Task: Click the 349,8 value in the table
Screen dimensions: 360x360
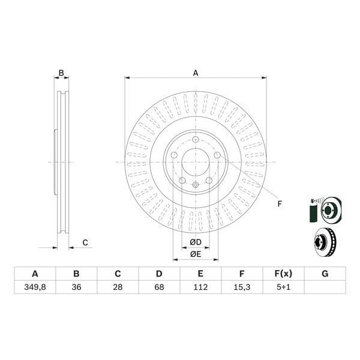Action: (35, 287)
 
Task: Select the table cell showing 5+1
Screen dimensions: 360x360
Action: (283, 287)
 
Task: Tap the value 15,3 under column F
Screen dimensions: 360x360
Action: (242, 287)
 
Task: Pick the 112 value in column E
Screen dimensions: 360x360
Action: (200, 287)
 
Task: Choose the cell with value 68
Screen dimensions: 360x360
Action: (159, 287)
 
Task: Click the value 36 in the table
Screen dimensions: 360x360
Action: (76, 287)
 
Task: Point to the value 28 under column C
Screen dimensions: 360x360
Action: (118, 287)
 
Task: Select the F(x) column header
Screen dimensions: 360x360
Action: (283, 274)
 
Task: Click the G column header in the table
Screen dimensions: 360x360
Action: (325, 274)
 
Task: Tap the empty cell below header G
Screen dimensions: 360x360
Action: (325, 287)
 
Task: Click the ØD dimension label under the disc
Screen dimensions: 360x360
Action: (196, 242)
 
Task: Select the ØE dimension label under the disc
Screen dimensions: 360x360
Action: (196, 254)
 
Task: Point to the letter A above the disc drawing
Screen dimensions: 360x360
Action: (196, 73)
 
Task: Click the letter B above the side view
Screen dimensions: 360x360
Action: (61, 73)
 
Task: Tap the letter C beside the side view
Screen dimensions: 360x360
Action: (85, 242)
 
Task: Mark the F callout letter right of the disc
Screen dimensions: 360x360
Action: (280, 204)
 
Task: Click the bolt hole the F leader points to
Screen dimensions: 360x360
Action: (217, 155)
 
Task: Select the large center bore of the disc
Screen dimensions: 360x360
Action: (196, 161)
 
